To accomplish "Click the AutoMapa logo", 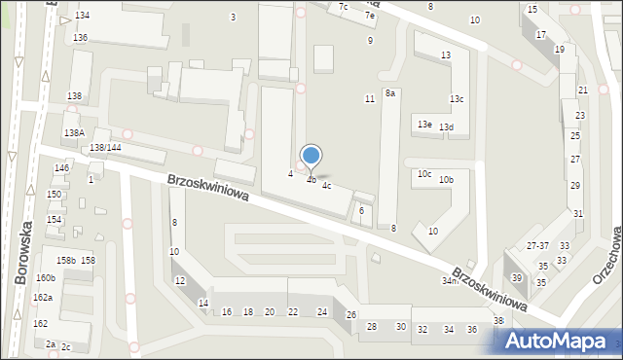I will [x=560, y=340].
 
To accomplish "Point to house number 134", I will [x=82, y=16].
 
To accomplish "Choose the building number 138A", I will [x=74, y=132].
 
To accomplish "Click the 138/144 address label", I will [x=104, y=147].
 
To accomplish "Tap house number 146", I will [x=61, y=168].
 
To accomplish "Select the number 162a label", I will [x=42, y=297].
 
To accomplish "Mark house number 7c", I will [x=343, y=7].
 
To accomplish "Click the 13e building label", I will [x=424, y=125].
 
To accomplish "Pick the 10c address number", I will [x=424, y=173].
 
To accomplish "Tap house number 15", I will [x=531, y=10].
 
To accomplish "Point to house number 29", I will [x=575, y=185].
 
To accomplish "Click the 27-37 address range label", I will [x=537, y=245].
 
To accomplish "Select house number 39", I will [x=517, y=278].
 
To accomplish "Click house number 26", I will [x=351, y=314].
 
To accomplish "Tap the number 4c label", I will [x=327, y=185].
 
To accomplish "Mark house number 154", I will [x=55, y=220].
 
